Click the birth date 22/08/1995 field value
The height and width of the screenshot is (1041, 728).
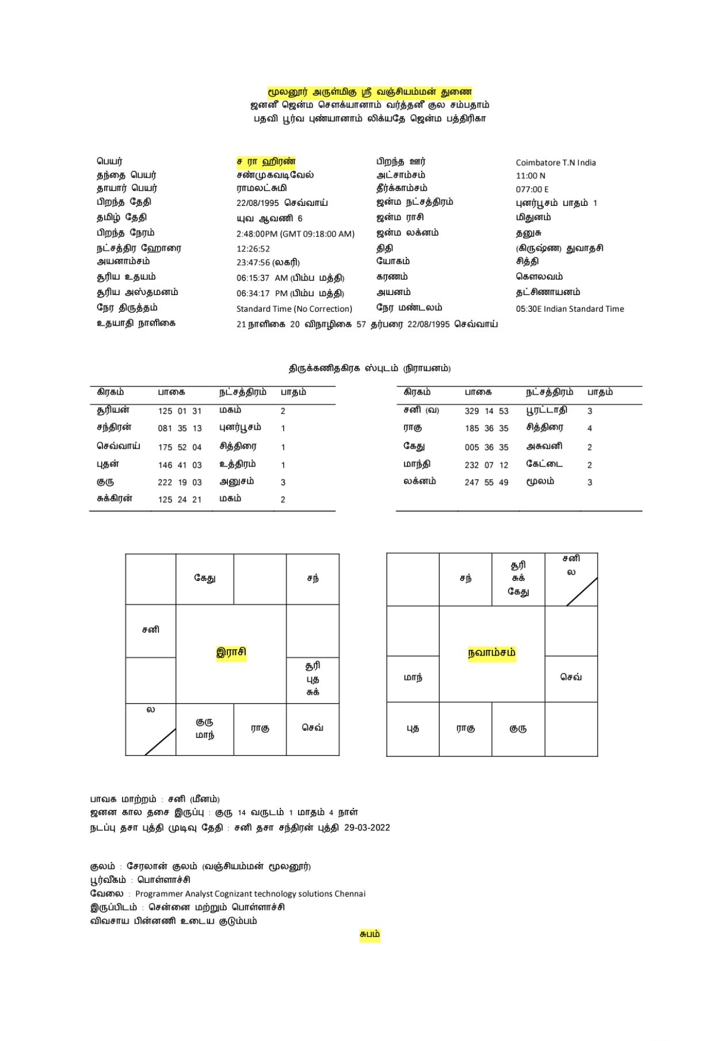click(x=257, y=203)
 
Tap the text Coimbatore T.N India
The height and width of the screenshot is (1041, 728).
click(x=555, y=163)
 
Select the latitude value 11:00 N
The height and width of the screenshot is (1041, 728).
click(x=530, y=176)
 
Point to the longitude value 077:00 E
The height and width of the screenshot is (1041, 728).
click(x=532, y=189)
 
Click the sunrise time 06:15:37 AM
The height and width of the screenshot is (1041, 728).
click(x=262, y=278)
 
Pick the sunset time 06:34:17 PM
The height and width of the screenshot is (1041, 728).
click(x=262, y=293)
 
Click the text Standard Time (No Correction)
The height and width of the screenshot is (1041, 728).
click(x=294, y=309)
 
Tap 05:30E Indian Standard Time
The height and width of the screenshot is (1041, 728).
click(x=569, y=309)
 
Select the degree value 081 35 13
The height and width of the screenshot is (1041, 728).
click(x=180, y=428)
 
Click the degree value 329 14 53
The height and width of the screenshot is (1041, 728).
click(x=486, y=411)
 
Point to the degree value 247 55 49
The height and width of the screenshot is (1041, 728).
click(x=486, y=483)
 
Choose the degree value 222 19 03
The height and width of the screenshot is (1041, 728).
click(x=180, y=483)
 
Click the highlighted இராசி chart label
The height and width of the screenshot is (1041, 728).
click(x=231, y=652)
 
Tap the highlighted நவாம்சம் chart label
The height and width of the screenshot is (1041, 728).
click(x=491, y=653)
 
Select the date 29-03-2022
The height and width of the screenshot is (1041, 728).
click(x=367, y=828)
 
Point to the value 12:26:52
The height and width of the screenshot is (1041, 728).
click(x=253, y=249)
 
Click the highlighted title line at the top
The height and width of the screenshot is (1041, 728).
click(x=369, y=92)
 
